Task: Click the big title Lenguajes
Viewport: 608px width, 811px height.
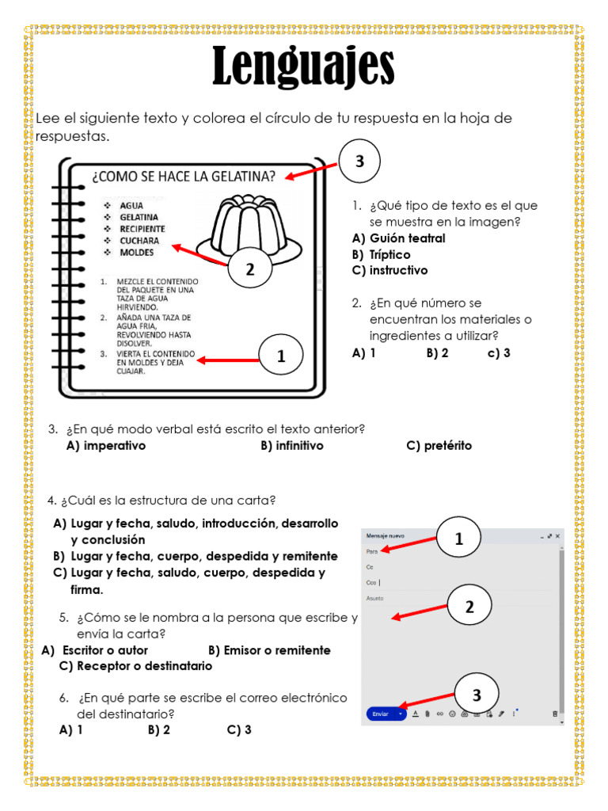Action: [303, 68]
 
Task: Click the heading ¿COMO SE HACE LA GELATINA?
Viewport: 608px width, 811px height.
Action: [184, 176]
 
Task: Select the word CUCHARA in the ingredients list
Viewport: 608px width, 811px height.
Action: [139, 241]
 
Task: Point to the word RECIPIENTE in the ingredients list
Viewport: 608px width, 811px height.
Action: [142, 229]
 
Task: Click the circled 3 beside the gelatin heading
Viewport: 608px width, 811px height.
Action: [359, 162]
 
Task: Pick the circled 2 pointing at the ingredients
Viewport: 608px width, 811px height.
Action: [249, 270]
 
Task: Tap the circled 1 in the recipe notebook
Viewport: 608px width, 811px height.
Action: [281, 357]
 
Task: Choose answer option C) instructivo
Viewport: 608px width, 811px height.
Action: [389, 270]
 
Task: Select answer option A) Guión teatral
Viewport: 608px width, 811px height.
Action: [398, 238]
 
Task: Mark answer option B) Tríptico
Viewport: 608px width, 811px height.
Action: [381, 254]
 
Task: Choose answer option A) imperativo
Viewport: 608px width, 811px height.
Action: [106, 446]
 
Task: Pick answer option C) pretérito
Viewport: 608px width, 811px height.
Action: [439, 446]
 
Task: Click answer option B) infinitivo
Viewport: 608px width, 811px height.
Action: [291, 446]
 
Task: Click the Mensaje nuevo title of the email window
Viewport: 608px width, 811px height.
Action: [385, 536]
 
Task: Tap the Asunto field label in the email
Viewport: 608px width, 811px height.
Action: [375, 599]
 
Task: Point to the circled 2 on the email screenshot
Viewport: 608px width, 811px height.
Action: [469, 607]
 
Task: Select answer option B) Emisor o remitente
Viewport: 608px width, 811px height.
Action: [269, 650]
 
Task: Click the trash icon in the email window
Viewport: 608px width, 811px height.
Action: [554, 714]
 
